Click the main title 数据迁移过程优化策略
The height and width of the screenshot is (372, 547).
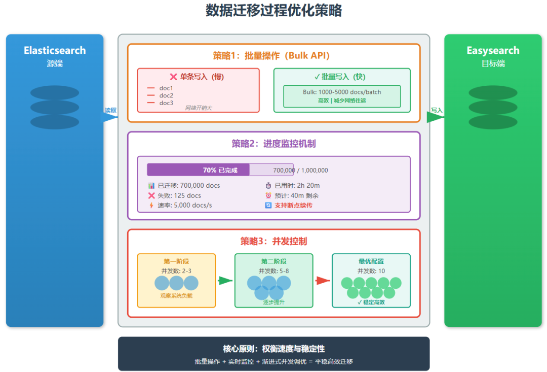click(x=273, y=11)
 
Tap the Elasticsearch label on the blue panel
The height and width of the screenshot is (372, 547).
click(x=55, y=50)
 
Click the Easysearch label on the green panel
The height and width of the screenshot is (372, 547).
click(x=493, y=50)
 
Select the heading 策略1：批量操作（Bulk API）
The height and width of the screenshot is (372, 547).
click(x=273, y=56)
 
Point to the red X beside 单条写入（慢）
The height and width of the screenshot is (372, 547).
click(x=173, y=77)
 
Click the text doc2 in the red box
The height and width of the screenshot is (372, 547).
click(x=166, y=95)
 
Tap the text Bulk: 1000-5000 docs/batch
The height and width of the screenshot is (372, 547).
click(x=342, y=92)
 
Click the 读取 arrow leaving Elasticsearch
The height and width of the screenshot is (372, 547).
click(x=110, y=117)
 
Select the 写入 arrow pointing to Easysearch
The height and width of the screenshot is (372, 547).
click(x=435, y=117)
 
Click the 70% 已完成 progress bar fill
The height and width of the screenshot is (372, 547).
click(x=198, y=170)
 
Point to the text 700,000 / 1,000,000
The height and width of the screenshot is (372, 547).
click(x=300, y=171)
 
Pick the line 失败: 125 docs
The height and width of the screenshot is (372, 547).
click(x=179, y=195)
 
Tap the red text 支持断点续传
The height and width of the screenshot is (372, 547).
click(x=293, y=206)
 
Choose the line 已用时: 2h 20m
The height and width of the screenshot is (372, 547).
click(x=296, y=186)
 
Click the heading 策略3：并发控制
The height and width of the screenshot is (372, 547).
click(x=273, y=241)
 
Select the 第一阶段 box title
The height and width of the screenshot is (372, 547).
click(x=176, y=261)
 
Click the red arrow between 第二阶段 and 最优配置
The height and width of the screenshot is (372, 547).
click(x=322, y=281)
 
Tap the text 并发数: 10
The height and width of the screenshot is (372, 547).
click(x=371, y=271)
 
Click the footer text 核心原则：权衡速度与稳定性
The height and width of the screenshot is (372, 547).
click(x=273, y=349)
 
